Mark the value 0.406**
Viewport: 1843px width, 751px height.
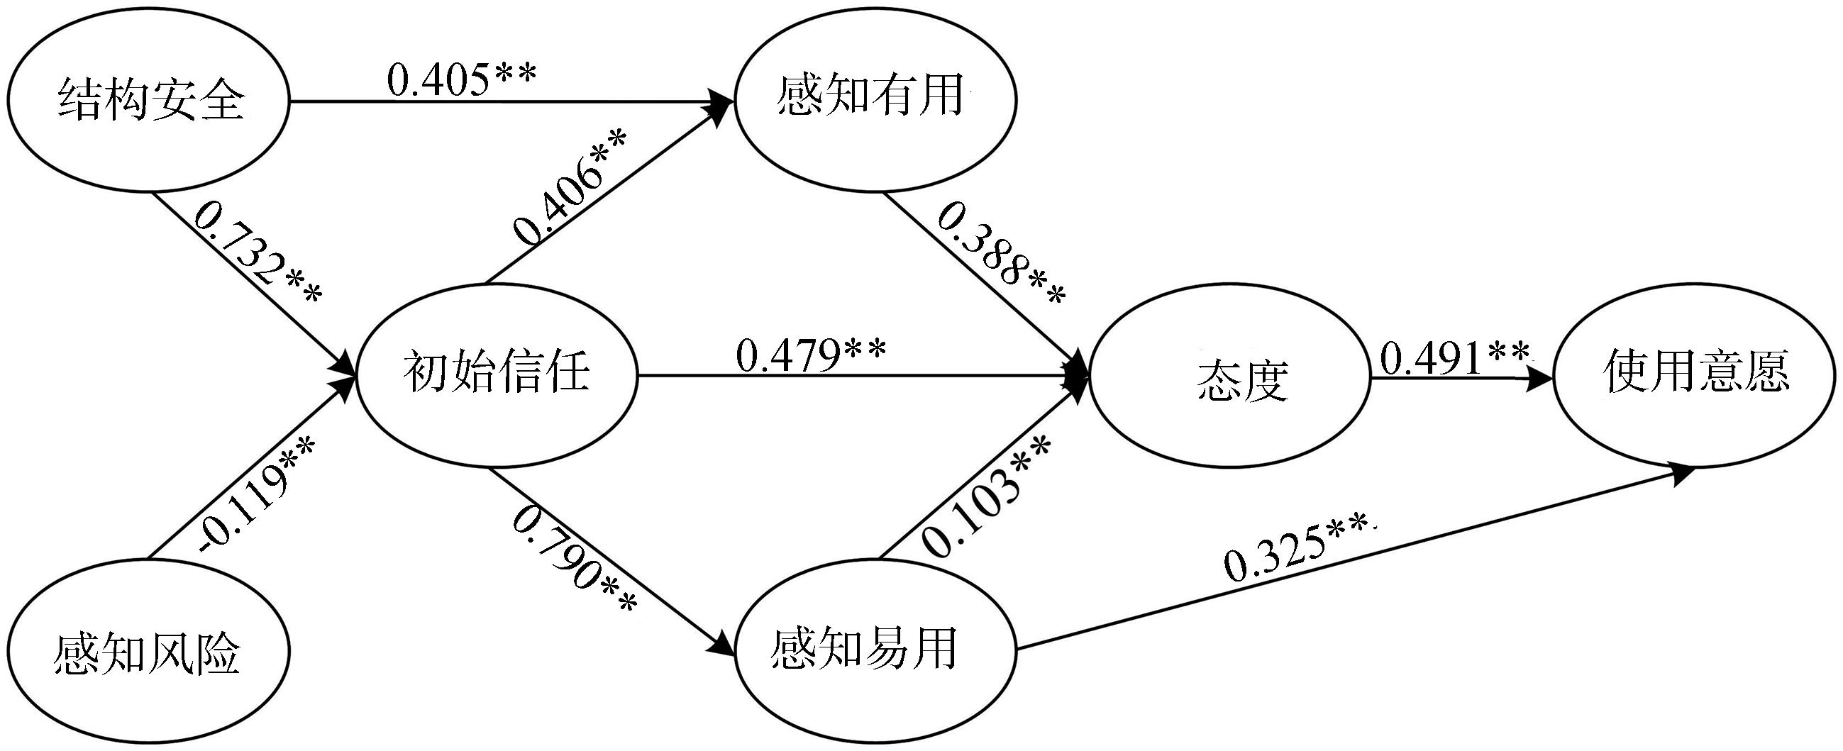click(570, 187)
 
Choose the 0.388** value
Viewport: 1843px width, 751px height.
click(1002, 255)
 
